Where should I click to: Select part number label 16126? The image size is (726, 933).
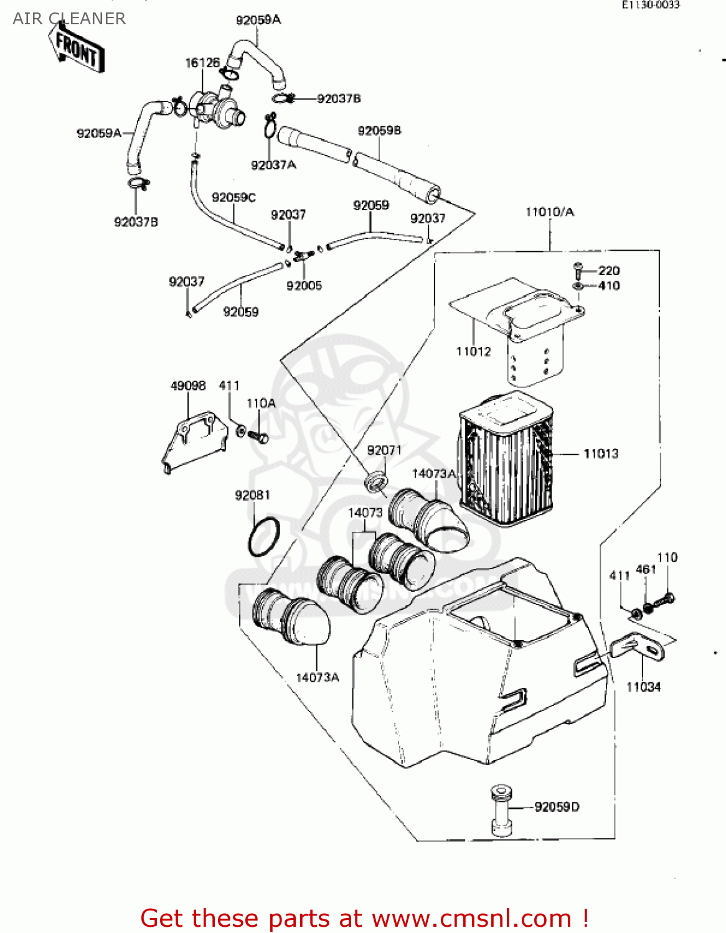pos(202,63)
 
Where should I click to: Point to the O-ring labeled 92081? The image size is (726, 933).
pos(264,537)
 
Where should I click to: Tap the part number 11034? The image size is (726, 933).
pos(643,687)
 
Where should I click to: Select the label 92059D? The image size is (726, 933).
pos(557,807)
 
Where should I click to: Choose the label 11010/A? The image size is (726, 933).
pos(550,212)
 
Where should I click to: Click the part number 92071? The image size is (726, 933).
pos(384,450)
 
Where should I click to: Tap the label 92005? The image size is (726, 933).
pos(304,285)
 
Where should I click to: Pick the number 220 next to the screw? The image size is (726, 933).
pos(609,271)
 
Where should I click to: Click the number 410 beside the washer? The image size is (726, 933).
pos(609,285)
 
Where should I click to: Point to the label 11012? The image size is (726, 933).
pos(473,351)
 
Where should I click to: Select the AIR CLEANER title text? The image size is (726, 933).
pos(69,19)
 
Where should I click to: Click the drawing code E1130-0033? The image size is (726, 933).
pos(650,5)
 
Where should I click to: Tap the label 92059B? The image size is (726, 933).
pos(379,131)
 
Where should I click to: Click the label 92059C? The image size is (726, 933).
pos(233,197)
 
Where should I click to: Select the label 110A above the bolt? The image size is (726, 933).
pos(261,403)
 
